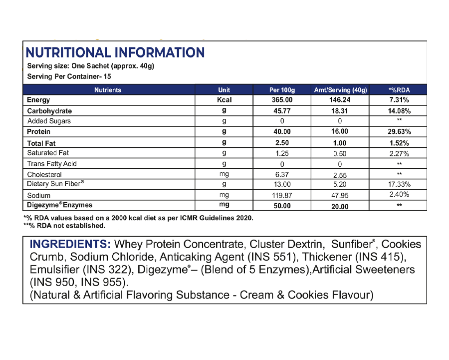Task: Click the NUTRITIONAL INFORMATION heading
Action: click(115, 52)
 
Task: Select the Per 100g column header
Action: click(282, 90)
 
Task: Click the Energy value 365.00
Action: click(282, 100)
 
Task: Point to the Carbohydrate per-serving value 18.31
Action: click(340, 111)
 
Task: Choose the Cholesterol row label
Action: click(44, 174)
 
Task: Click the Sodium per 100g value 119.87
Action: click(282, 195)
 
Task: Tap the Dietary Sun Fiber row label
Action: click(55, 184)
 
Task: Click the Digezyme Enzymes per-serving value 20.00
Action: click(340, 206)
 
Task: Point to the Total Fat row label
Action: click(41, 143)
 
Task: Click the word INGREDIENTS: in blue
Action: click(70, 245)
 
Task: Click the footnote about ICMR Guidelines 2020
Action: click(138, 218)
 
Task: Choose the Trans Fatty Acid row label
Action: click(52, 164)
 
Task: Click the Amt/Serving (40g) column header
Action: click(340, 90)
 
